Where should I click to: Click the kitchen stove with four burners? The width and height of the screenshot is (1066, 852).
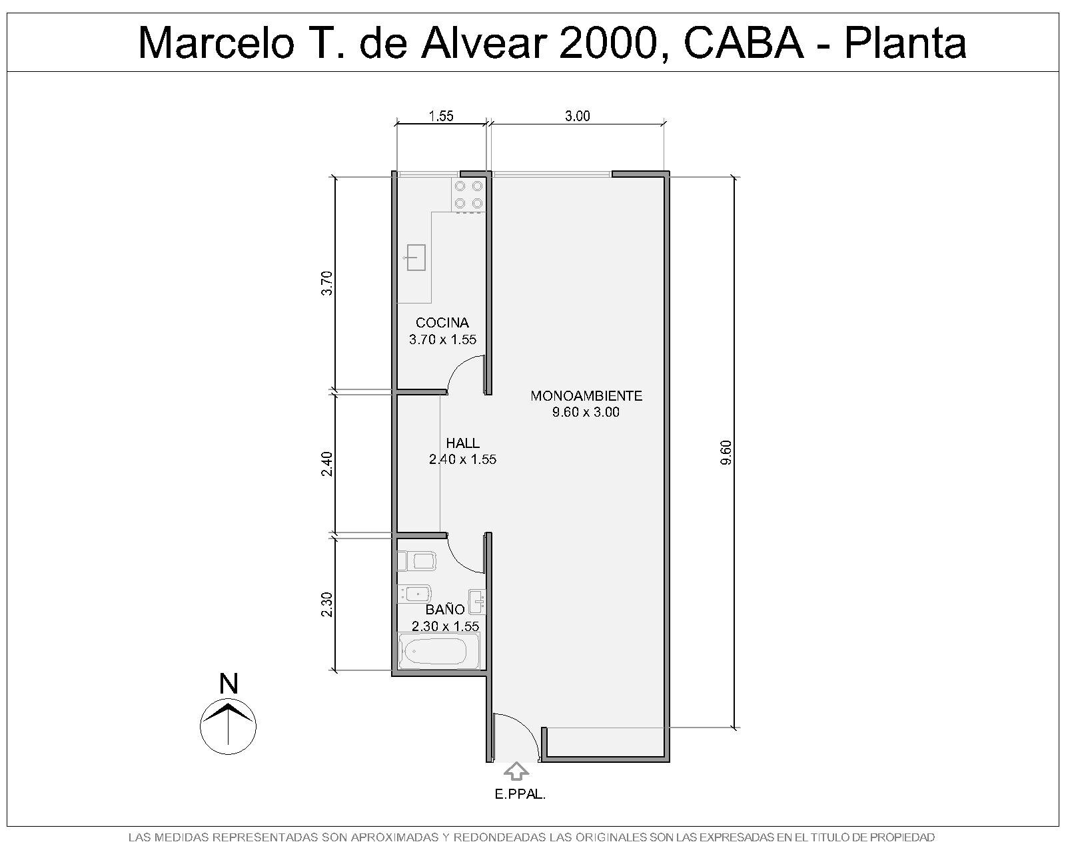tap(468, 194)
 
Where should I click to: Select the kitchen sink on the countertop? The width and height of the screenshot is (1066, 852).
tap(415, 258)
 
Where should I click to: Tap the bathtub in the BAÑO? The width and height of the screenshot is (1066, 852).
tap(439, 651)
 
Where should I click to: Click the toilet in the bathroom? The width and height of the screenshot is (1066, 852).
tap(416, 561)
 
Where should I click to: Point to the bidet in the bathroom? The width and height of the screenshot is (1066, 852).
tap(414, 594)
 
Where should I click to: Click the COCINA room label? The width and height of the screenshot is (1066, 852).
tap(442, 323)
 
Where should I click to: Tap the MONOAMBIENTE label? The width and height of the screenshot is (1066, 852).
tap(586, 396)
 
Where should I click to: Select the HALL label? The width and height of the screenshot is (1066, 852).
tap(462, 443)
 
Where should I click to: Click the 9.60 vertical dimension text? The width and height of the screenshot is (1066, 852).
tap(726, 453)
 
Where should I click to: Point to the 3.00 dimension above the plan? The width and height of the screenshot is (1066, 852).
tap(578, 116)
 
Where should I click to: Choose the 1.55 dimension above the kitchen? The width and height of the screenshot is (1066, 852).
tap(441, 116)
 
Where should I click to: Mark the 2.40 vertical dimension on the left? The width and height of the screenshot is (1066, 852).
tap(327, 464)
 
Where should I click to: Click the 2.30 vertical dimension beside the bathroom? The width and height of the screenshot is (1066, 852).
tap(327, 604)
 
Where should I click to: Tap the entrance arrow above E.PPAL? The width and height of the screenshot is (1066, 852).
tap(516, 771)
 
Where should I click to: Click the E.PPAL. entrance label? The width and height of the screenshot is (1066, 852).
tap(520, 795)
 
